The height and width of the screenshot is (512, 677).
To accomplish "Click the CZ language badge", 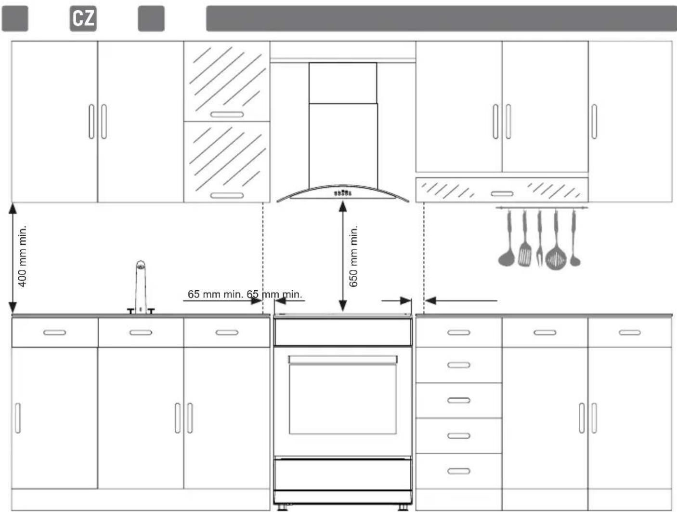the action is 83,18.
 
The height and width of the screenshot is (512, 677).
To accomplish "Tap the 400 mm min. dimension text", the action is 23,256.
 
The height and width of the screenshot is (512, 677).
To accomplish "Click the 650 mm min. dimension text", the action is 353,256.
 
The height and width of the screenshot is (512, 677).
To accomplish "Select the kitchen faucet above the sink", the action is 141,287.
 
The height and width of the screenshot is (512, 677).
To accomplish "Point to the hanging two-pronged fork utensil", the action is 539,238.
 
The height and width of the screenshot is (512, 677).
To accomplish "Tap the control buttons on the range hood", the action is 343,193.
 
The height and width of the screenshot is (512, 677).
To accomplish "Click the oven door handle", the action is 343,360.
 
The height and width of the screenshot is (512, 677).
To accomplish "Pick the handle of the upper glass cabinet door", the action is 227,115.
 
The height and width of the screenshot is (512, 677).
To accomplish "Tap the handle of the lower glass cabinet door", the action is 227,195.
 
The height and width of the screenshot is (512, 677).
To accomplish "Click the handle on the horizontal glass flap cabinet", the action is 502,194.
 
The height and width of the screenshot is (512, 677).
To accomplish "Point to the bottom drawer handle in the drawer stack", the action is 458,471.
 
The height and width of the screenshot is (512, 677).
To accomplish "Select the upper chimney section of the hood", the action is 343,83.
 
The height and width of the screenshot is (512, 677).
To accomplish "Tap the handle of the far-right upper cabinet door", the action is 594,121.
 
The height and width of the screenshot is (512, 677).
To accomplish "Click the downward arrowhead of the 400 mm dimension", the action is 13,308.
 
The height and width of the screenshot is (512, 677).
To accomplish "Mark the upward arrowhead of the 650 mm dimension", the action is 343,206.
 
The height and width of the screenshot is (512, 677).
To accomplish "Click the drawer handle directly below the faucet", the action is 141,333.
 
